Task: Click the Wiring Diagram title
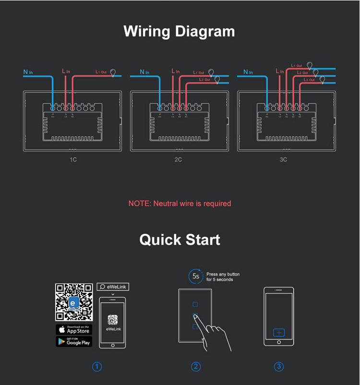[180, 31]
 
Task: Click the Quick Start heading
[180, 239]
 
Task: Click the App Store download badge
[74, 329]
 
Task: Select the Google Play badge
[74, 341]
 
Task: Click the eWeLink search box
[113, 287]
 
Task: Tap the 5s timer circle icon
[195, 276]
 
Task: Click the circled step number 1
[97, 367]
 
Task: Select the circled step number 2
[196, 367]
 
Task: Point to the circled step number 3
[279, 367]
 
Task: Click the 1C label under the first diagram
[73, 159]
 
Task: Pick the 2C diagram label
[178, 159]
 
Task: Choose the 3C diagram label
[283, 159]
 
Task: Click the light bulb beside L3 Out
[322, 79]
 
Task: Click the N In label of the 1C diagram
[28, 72]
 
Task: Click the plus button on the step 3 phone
[279, 332]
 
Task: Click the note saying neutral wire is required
[180, 204]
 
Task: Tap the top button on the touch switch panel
[195, 304]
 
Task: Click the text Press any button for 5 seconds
[223, 277]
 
